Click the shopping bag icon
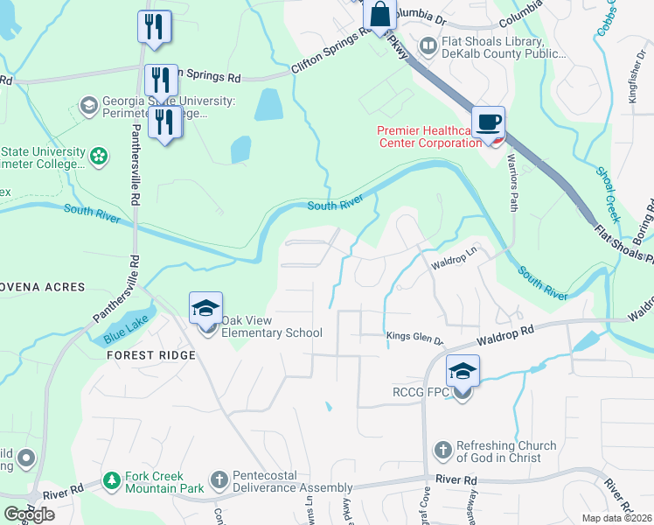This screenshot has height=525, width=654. [380, 15]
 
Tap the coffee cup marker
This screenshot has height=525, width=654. [488, 122]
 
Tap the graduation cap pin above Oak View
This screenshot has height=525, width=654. [206, 309]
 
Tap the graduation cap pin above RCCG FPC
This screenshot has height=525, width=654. [463, 371]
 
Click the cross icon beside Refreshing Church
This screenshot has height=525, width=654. [443, 451]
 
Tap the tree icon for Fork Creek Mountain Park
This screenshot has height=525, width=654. [111, 480]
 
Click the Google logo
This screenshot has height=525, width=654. [29, 514]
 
